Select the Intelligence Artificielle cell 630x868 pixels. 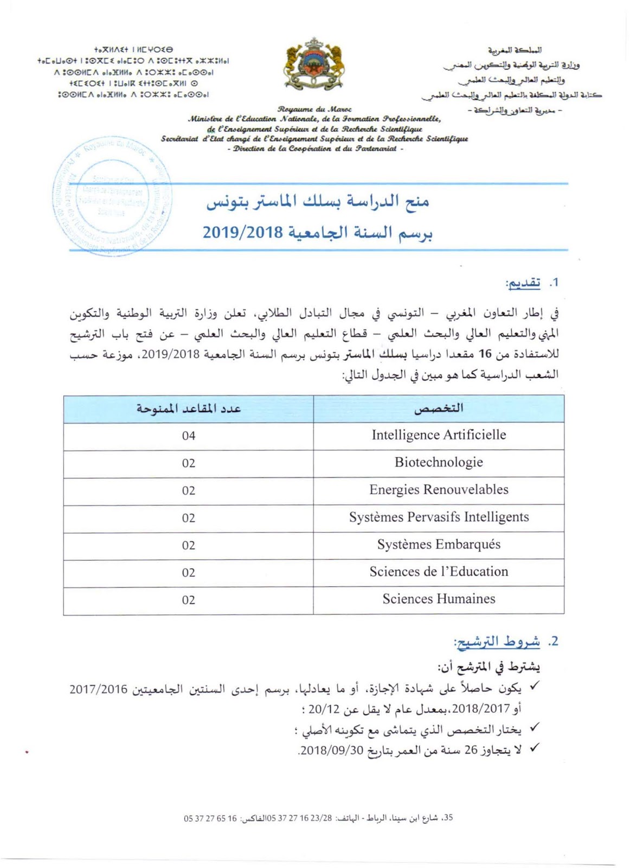click(439, 435)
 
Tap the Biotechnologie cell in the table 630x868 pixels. click(439, 463)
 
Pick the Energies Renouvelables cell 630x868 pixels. click(439, 490)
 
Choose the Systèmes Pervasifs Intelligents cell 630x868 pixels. click(439, 517)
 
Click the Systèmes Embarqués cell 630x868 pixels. click(439, 545)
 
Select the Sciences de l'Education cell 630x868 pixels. click(439, 572)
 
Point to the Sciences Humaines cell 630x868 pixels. click(439, 599)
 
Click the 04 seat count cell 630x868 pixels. click(189, 436)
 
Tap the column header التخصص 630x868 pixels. click(439, 409)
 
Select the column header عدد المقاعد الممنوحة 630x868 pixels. click(189, 409)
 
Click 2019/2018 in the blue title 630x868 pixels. click(243, 233)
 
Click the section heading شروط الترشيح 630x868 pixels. click(497, 641)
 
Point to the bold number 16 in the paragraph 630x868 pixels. click(485, 354)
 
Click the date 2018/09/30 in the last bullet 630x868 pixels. click(331, 751)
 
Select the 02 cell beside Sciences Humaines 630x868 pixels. click(189, 600)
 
